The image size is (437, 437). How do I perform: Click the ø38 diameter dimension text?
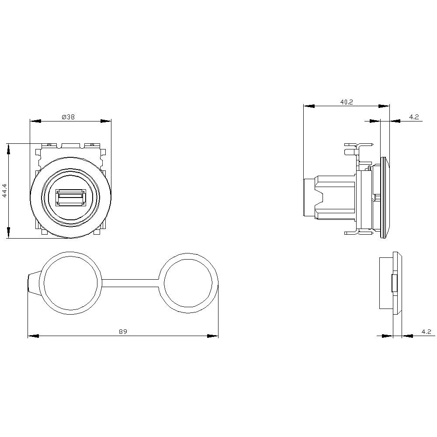tap(68, 117)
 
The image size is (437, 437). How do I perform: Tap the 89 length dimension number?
tap(123, 332)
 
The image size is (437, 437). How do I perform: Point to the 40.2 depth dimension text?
tap(347, 102)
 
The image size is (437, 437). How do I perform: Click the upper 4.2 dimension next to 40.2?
tap(414, 117)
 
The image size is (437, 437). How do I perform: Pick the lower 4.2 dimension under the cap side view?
tap(427, 332)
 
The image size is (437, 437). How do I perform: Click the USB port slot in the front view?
tap(70, 197)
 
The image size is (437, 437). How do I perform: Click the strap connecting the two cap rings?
tap(130, 283)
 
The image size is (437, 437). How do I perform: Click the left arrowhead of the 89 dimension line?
tap(33, 336)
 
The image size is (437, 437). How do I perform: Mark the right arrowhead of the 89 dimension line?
tap(213, 336)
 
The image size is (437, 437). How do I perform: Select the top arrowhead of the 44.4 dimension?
tap(8, 149)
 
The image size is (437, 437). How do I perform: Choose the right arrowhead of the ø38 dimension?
tap(106, 121)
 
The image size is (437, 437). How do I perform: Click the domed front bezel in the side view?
tap(385, 198)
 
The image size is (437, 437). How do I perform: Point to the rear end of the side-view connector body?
tap(309, 198)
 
